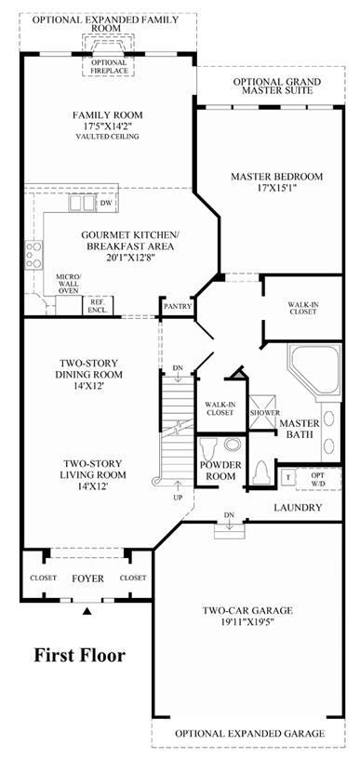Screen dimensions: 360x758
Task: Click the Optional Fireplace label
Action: pyautogui.click(x=109, y=67)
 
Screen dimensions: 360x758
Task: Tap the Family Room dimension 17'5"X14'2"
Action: pyautogui.click(x=107, y=126)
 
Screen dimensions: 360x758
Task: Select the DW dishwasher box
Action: pyautogui.click(x=106, y=204)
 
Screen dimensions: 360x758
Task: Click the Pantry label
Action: pyautogui.click(x=178, y=307)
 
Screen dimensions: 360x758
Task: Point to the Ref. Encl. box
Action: pyautogui.click(x=98, y=305)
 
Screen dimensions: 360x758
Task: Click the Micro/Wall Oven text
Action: pyautogui.click(x=69, y=284)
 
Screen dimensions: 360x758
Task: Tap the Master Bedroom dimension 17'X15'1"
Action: pyautogui.click(x=276, y=188)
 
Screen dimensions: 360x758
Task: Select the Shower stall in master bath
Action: pyautogui.click(x=263, y=412)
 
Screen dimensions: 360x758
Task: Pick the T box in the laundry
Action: pyautogui.click(x=288, y=476)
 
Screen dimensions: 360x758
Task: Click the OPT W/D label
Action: pyautogui.click(x=319, y=478)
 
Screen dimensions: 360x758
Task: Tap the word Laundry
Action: pyautogui.click(x=298, y=508)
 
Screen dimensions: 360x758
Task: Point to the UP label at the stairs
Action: pyautogui.click(x=178, y=497)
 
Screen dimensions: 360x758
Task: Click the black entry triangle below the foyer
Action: pyautogui.click(x=87, y=611)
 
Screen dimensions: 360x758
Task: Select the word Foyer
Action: pyautogui.click(x=88, y=578)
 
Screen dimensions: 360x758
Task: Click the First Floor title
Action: pyautogui.click(x=79, y=656)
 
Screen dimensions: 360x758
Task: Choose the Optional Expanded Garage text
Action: pyautogui.click(x=249, y=733)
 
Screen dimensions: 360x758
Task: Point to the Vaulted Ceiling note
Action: pyautogui.click(x=107, y=137)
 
